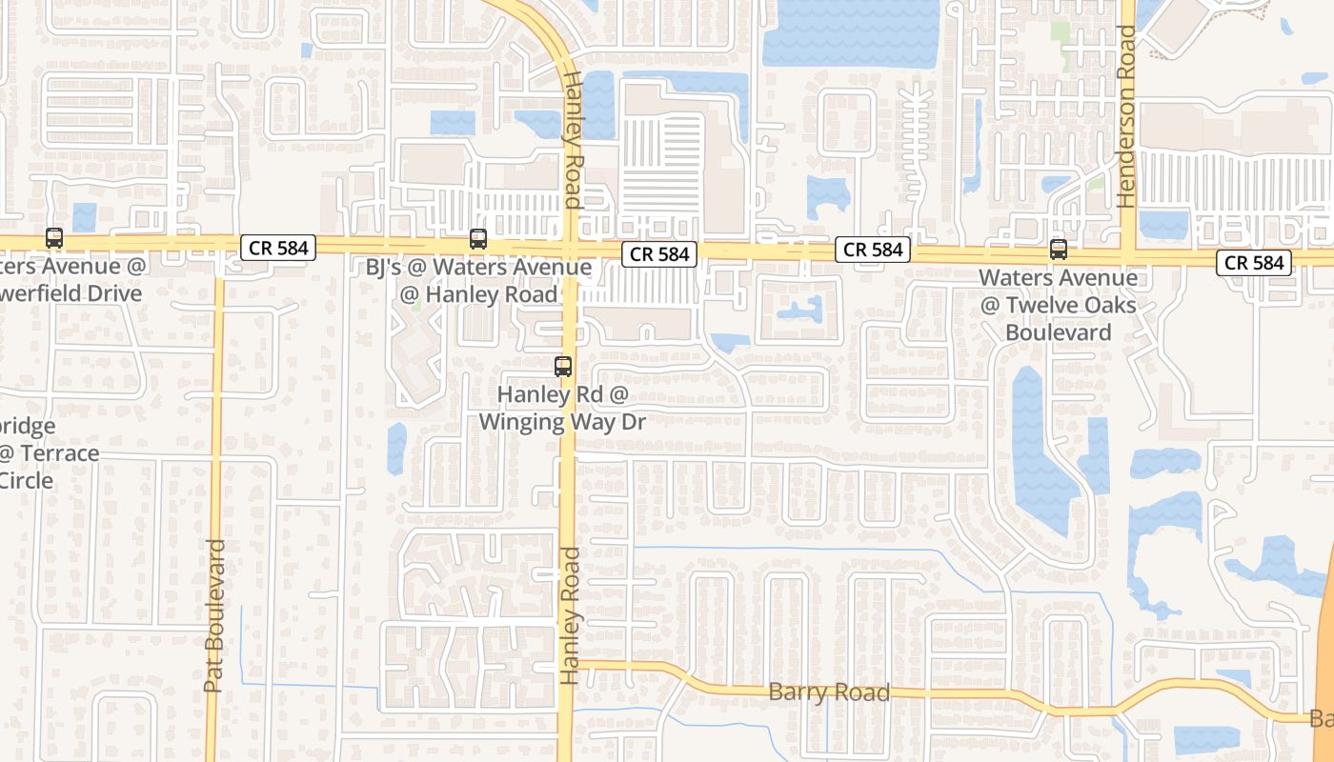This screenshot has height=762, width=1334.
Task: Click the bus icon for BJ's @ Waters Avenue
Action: tap(478, 239)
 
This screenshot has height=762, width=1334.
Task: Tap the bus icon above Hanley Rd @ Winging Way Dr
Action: tap(563, 366)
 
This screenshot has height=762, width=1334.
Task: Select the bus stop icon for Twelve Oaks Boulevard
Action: tap(1058, 250)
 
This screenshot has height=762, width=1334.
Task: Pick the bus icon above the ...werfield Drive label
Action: tap(54, 238)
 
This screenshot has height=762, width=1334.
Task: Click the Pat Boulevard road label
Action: tap(214, 615)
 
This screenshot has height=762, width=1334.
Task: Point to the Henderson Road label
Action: tap(1128, 116)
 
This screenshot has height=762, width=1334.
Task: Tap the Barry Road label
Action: tap(829, 692)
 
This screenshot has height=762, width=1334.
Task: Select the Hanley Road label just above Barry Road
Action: tap(570, 615)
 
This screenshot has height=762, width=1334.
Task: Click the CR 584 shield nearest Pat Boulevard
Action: tap(278, 248)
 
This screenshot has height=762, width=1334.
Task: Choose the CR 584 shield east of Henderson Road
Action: tap(1253, 262)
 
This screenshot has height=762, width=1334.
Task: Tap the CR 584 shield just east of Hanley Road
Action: tap(659, 254)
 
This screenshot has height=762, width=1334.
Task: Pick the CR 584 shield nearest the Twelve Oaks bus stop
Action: tap(873, 250)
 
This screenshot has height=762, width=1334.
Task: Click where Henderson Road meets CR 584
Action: tap(1128, 255)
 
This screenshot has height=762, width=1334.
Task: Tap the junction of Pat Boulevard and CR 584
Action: tap(218, 246)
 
